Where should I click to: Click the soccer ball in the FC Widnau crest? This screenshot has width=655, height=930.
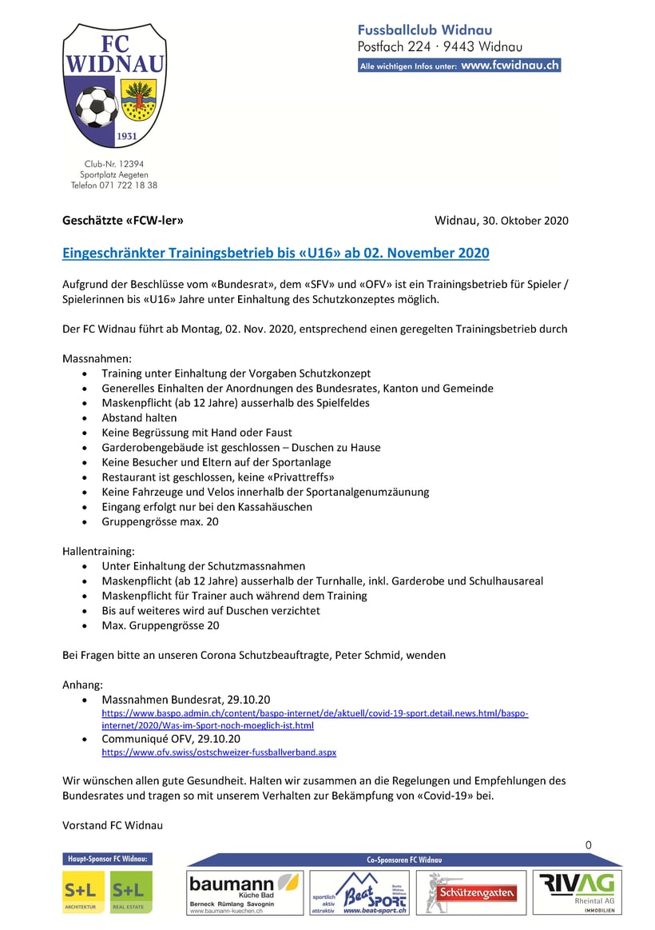[95, 107]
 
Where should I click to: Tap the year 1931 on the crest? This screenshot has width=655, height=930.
[126, 137]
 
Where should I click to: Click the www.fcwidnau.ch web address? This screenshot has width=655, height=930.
[510, 66]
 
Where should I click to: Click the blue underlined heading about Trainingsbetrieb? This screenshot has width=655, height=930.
[276, 253]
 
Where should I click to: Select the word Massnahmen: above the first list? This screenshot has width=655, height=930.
[97, 358]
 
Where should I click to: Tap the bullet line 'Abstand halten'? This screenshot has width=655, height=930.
[139, 417]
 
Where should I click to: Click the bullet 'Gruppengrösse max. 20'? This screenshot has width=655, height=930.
[160, 521]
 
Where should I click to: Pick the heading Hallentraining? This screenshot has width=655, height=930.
[99, 551]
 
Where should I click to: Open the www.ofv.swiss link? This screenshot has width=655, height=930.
[219, 752]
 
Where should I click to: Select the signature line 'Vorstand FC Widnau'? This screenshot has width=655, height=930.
[112, 824]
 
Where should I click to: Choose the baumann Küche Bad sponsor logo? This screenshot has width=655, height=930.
[244, 892]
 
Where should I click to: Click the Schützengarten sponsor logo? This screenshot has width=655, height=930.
[471, 892]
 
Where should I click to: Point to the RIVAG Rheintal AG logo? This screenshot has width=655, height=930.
[578, 892]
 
